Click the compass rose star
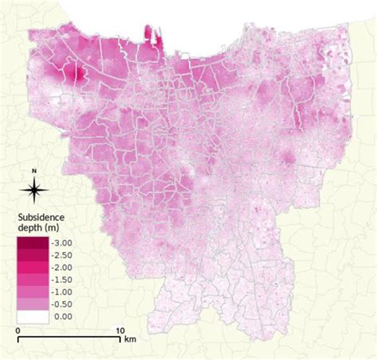coord(33,189)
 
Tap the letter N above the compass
coord(33,172)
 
